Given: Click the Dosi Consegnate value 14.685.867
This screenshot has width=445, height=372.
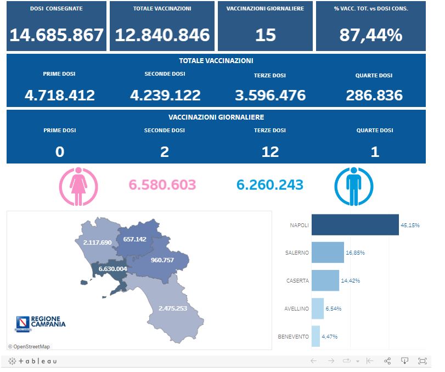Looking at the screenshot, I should [x=57, y=35].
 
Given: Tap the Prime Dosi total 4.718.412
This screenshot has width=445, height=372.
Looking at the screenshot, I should [x=60, y=95].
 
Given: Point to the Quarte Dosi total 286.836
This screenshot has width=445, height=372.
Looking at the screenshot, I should [x=374, y=95].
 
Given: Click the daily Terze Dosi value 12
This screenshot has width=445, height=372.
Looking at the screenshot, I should [x=270, y=151].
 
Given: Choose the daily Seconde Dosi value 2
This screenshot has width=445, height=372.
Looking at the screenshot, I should [x=165, y=151].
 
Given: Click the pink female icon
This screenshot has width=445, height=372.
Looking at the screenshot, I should [x=78, y=186].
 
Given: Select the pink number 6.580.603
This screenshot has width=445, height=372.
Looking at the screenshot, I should [x=162, y=185].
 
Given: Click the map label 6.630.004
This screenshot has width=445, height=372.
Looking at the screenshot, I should [x=112, y=269].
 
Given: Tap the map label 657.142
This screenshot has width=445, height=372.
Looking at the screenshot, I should [x=135, y=239].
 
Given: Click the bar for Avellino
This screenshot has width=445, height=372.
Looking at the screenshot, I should [x=317, y=308].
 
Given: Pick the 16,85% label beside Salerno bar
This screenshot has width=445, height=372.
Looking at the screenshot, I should [x=356, y=253].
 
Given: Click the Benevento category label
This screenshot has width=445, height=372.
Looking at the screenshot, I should [x=293, y=336].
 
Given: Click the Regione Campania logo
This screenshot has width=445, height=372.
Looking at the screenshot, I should [x=41, y=322].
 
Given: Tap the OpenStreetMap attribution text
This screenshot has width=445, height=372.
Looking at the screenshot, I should [x=29, y=346].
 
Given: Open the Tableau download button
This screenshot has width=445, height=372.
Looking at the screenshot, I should [x=404, y=361].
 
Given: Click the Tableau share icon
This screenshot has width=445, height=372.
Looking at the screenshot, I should [x=387, y=361].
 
